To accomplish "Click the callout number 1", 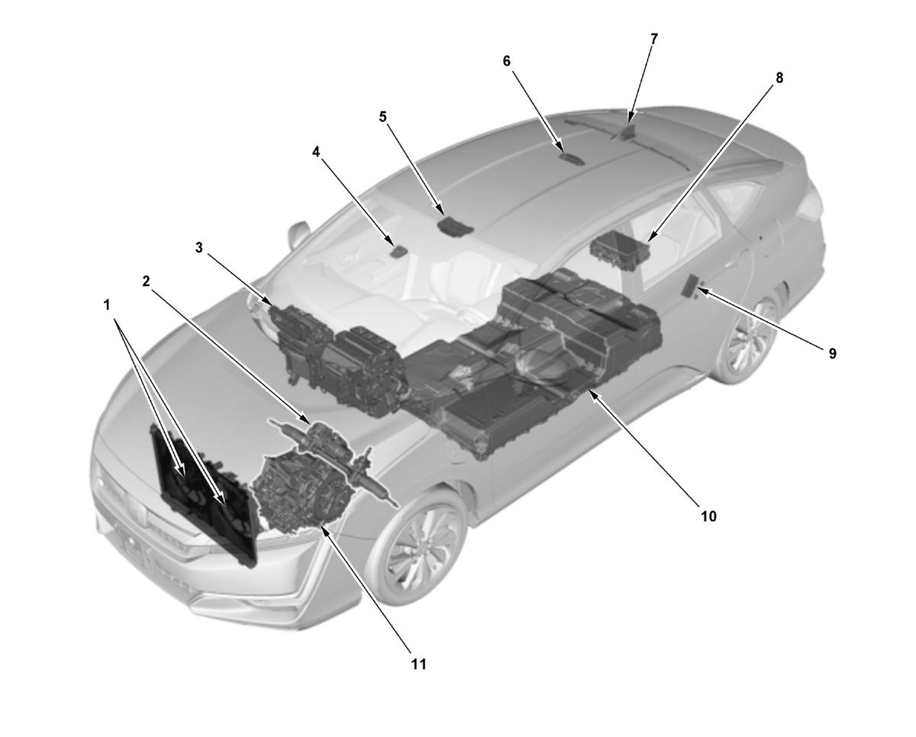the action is [107, 304].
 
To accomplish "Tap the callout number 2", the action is [146, 282].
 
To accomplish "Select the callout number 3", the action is [198, 247].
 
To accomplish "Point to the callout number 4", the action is [315, 152].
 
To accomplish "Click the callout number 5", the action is [382, 116].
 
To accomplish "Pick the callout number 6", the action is [506, 61].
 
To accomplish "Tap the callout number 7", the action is [654, 39].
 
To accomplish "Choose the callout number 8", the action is [779, 78].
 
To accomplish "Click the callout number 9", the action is [832, 353].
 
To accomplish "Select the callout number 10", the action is [708, 517].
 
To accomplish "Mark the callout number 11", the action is [419, 664].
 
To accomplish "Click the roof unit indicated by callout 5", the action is [455, 226].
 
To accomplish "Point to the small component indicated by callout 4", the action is [398, 252].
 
